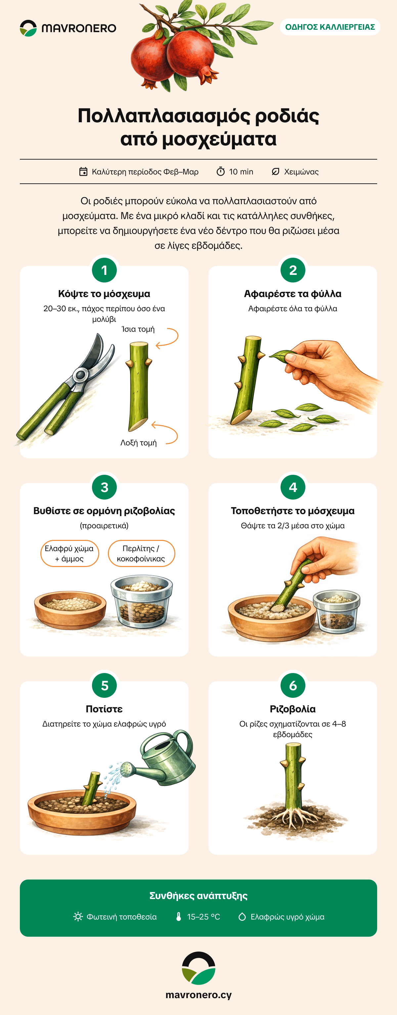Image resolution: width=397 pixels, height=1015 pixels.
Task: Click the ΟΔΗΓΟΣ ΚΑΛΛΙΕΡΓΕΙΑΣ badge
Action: point(330,27)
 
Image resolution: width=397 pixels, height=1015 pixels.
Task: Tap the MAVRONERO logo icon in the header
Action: point(28,28)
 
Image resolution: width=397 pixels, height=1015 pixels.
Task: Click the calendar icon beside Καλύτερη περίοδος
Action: point(83,171)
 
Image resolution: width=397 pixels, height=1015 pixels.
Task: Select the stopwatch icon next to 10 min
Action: point(221,171)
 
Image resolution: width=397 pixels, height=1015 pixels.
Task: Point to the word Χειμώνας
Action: point(301,172)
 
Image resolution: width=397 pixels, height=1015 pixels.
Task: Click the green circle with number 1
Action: point(104,270)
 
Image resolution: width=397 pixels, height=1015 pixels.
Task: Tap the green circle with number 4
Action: point(293,487)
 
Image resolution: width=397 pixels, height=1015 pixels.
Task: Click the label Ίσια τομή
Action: point(138,329)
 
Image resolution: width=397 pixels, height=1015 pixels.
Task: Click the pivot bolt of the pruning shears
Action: point(80,375)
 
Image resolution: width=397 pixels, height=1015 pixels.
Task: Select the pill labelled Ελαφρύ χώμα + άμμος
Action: point(69,553)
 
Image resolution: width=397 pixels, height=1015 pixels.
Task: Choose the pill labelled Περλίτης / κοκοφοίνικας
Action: point(141,553)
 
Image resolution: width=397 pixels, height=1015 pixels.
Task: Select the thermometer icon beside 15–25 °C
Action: point(178,917)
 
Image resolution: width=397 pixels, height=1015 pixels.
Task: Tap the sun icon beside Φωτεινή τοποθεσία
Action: point(78,917)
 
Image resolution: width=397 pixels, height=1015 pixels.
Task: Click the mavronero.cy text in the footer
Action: point(198,995)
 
